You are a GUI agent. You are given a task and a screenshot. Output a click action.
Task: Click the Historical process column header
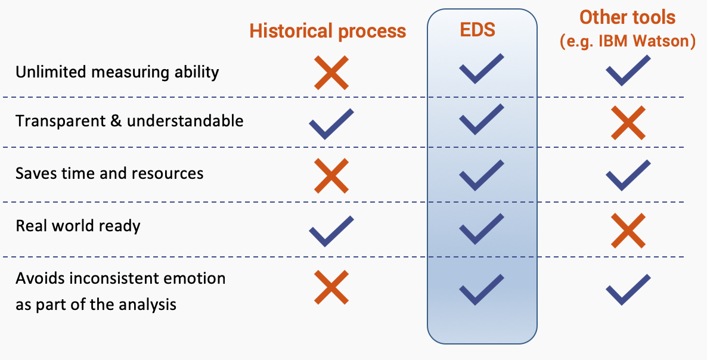pos(327,31)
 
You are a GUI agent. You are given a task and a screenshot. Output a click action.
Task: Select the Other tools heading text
pos(627,17)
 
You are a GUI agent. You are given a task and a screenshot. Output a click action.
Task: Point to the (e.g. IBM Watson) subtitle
pos(627,42)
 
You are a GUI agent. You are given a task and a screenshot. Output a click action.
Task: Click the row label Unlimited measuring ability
pos(117,72)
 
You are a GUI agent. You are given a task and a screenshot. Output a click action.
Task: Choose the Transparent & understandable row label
pos(129,121)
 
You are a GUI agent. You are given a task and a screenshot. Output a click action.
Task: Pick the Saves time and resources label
pos(109,173)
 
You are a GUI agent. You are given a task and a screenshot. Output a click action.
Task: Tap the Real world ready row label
pos(78,226)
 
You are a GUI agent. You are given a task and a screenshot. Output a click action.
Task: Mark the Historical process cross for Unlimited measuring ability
pos(331,73)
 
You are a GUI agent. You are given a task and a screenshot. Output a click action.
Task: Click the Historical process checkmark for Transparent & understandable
pos(331,123)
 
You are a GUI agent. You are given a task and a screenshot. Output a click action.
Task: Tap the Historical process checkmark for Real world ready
pos(331,231)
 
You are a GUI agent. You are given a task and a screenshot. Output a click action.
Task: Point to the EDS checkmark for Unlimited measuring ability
pos(481,68)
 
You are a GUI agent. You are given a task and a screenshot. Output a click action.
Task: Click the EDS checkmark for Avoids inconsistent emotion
pos(481,290)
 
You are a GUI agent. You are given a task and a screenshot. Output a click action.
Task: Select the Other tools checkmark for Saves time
pos(628,175)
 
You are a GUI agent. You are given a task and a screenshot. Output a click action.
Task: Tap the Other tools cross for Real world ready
pos(628,231)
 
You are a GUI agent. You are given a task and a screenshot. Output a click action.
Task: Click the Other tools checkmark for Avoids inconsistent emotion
pos(628,290)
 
